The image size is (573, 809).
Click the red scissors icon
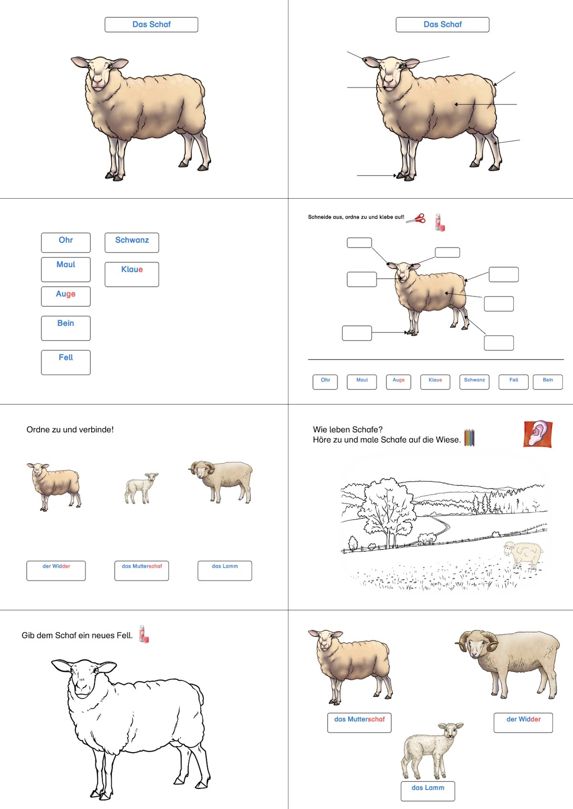tap(416, 219)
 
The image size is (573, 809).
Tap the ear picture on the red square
tap(538, 434)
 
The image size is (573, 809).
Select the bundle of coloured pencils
tap(469, 437)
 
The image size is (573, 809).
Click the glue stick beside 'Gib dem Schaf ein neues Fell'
tap(144, 634)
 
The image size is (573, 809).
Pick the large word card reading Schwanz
tap(132, 242)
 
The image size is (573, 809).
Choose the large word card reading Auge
tap(66, 296)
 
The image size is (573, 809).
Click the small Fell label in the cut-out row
tap(513, 382)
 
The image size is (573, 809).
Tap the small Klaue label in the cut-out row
tap(435, 382)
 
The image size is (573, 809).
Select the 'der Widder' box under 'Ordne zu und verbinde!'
tap(56, 570)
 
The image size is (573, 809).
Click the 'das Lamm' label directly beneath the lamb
tap(427, 790)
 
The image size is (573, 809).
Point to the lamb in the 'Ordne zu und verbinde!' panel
tap(141, 488)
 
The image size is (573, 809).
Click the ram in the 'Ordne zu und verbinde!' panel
tap(221, 482)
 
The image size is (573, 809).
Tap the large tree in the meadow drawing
tap(387, 512)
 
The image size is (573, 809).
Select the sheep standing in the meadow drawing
tap(523, 555)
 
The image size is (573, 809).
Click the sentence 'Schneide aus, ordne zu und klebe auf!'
tap(356, 217)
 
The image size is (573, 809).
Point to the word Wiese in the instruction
tap(447, 440)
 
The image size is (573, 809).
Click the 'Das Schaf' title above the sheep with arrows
tap(442, 24)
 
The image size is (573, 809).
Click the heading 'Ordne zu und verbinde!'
tap(70, 429)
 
